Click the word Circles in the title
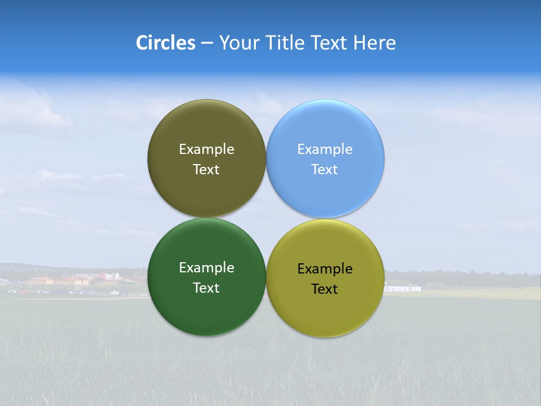165,43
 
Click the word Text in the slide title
330,43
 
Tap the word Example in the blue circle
325,149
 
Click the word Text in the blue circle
325,170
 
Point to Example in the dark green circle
206,268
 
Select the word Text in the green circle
206,288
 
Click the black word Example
325,269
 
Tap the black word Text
325,289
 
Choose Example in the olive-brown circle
206,149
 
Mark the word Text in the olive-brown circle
206,170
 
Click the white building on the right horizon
402,288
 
